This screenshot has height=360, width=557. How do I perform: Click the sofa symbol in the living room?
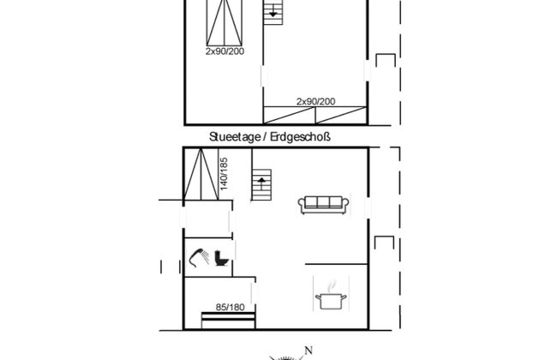pos(323,205)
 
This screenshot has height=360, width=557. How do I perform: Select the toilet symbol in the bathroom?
pos(221,258)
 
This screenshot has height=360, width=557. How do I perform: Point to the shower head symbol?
pos(200,257)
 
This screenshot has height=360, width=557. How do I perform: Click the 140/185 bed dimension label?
pos(224,174)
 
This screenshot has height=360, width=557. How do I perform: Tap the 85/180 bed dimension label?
pos(231,307)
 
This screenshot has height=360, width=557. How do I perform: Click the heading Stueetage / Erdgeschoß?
pos(270,137)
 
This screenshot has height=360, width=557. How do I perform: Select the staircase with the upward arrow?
pos(261,185)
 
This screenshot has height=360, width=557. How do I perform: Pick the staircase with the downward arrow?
pos(273,12)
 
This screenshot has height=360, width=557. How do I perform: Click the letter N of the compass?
pos(308,351)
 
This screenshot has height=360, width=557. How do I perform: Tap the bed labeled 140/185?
pos(201,174)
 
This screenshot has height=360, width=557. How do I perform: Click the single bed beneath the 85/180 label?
pos(229,321)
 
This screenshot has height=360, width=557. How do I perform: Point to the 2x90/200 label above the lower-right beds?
pos(316,102)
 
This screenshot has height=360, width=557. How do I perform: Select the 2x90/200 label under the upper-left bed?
pos(225,51)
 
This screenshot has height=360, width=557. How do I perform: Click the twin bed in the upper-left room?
pos(225,23)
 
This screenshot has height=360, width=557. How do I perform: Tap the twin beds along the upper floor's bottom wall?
pos(315,115)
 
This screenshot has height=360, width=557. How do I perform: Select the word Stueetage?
pos(235,137)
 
